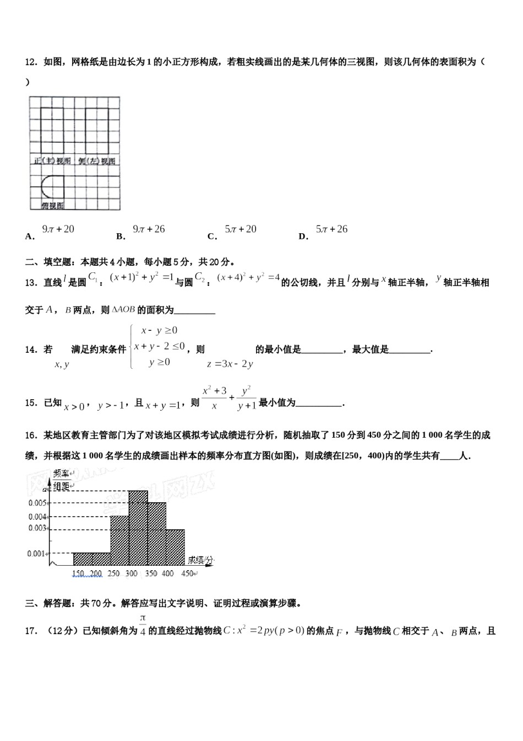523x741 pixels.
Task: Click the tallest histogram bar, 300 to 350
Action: (x=138, y=528)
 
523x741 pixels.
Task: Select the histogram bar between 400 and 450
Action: (x=175, y=547)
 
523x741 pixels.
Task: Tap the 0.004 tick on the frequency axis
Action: (x=37, y=517)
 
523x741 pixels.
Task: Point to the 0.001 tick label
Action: (x=37, y=554)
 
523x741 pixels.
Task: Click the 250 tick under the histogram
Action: (x=113, y=574)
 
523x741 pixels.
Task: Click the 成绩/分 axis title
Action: (x=200, y=560)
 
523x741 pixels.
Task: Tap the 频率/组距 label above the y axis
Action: (x=61, y=480)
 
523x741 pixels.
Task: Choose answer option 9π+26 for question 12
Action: (x=149, y=229)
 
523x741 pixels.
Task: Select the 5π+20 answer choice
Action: (x=241, y=229)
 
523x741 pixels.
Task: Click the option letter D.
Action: (x=303, y=237)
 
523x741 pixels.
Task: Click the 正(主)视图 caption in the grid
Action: (x=52, y=161)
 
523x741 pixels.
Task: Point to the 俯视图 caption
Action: (x=52, y=206)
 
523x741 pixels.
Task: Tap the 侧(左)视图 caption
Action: (x=97, y=161)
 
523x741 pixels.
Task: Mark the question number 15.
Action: (x=31, y=402)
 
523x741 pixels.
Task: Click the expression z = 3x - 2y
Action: (x=230, y=364)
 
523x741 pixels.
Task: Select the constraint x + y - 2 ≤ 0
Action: (x=159, y=346)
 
